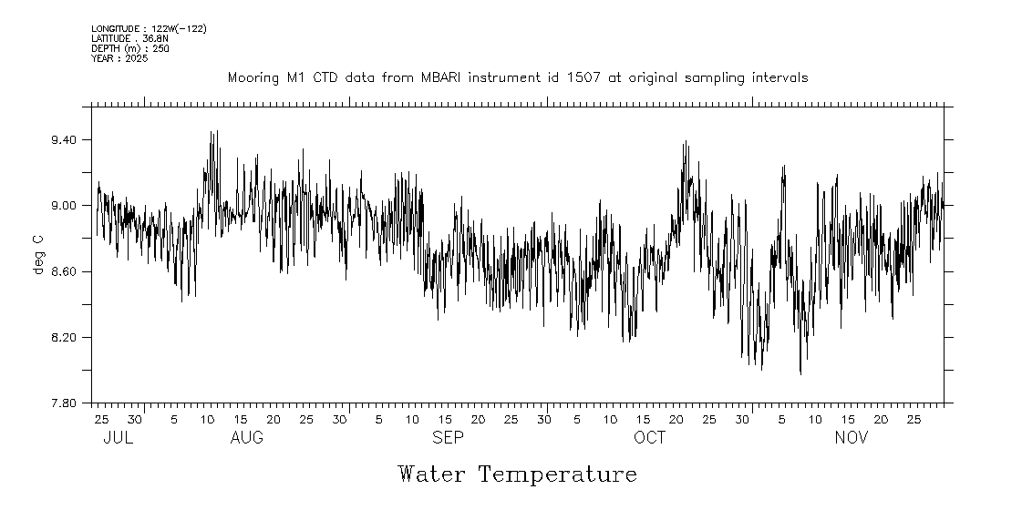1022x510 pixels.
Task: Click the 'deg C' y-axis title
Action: [x=37, y=255]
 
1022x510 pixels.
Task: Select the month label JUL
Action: [x=119, y=438]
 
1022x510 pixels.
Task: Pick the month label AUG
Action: [x=247, y=438]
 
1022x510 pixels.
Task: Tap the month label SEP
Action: [x=448, y=438]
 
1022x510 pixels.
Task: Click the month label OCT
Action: [x=650, y=438]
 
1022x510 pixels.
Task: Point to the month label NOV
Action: [x=852, y=438]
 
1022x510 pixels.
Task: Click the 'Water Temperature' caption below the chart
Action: [x=517, y=474]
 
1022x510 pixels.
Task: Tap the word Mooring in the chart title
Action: [x=252, y=78]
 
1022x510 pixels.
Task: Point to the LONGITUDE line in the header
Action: [x=149, y=29]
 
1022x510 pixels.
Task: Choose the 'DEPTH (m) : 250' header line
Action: [x=129, y=48]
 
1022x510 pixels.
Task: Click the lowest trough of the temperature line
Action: [x=800, y=373]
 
